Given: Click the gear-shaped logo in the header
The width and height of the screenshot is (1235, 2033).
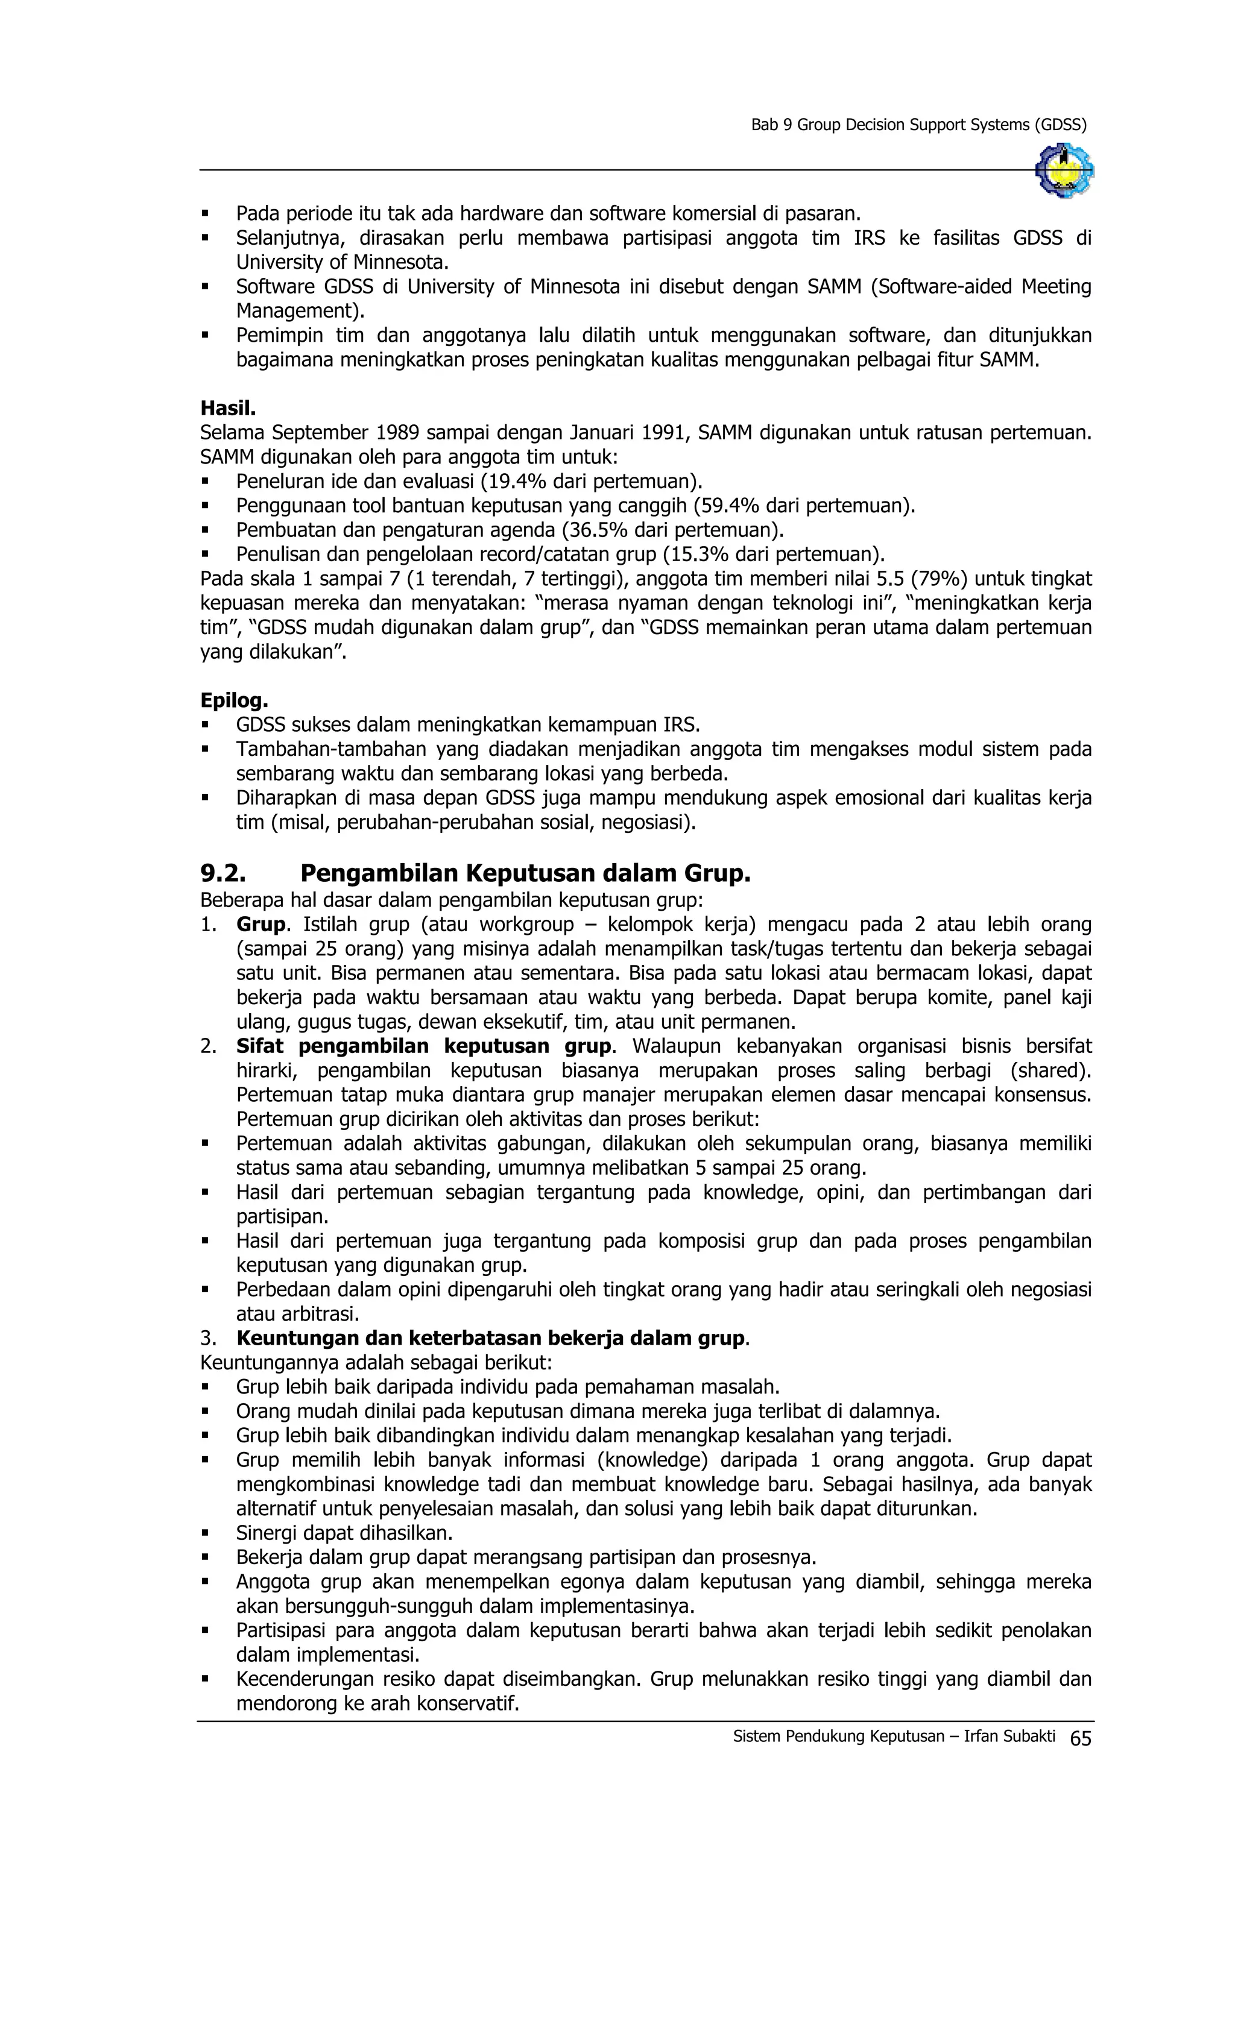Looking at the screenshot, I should point(1064,170).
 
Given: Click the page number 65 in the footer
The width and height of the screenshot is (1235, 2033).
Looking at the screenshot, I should point(1080,1738).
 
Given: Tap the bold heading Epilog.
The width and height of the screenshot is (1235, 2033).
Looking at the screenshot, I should point(233,700).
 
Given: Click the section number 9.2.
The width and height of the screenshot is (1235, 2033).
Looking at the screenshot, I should point(222,872).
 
